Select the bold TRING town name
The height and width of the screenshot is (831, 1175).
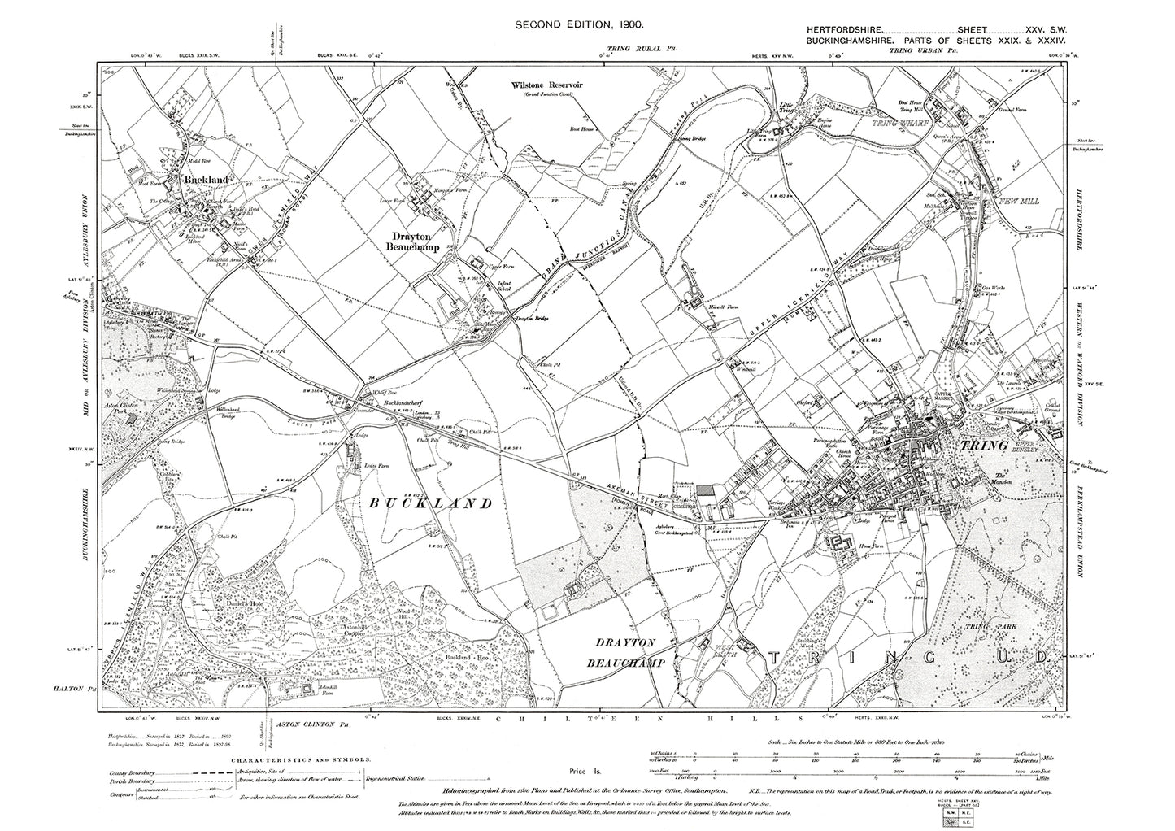(x=985, y=446)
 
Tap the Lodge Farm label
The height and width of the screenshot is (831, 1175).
(x=372, y=465)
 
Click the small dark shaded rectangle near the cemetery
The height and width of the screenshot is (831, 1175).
(x=704, y=491)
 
